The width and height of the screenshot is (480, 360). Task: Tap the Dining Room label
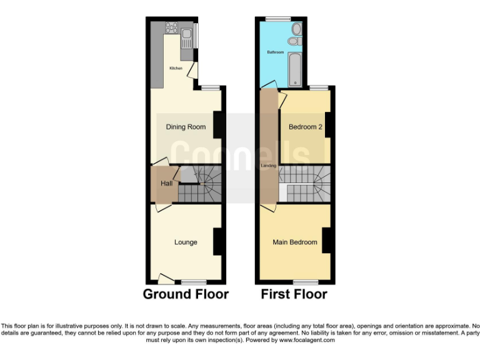pos(186,127)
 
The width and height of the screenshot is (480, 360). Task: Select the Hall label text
pos(166,184)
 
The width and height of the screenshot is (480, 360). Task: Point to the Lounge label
pos(186,242)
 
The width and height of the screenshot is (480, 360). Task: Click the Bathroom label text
pos(276,52)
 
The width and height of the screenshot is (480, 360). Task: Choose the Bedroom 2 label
pos(305,127)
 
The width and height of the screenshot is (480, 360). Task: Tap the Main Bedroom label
pos(294,242)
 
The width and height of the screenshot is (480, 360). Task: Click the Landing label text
pos(268,166)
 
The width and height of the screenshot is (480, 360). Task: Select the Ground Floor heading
pos(186,294)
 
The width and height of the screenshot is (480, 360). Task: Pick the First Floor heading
pos(294,294)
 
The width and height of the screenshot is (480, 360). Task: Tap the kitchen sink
pos(186,41)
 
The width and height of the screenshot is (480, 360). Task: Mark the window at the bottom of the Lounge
pos(194,282)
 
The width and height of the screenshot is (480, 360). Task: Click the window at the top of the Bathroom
pos(273,19)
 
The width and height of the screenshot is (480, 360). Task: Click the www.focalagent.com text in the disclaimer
pos(307,341)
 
